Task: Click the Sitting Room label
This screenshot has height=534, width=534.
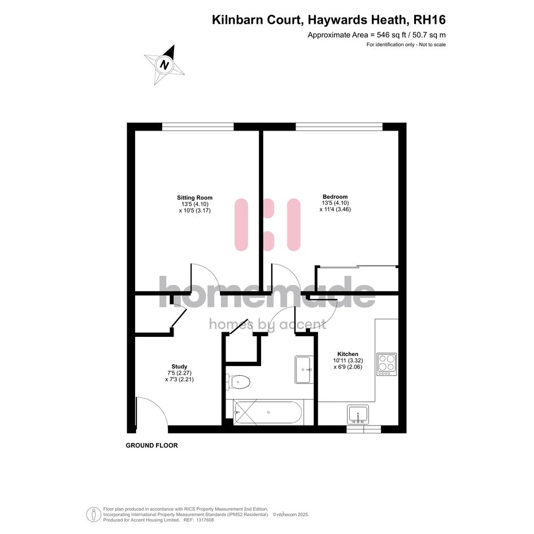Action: coord(194,198)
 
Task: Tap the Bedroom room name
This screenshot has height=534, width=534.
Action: coord(335,197)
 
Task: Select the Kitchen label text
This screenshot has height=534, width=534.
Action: coord(348,354)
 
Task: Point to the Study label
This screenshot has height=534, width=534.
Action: coord(179,366)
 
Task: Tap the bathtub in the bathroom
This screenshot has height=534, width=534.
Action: coord(267,413)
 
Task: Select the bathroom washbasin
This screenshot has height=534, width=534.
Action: coord(304,370)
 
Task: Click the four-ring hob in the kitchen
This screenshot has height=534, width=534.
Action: coord(387,364)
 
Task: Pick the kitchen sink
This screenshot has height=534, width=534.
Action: coord(358,414)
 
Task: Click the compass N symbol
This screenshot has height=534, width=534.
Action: coord(165,65)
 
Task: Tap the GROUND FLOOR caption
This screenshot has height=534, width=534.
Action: coord(152,445)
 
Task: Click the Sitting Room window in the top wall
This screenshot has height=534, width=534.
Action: coord(198,127)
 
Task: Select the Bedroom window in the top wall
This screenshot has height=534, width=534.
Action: coord(339,127)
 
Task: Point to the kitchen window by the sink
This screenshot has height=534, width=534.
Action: coord(364,429)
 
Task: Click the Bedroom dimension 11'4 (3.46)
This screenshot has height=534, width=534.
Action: coord(335,210)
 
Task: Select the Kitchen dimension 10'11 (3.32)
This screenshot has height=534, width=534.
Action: coord(348,361)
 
